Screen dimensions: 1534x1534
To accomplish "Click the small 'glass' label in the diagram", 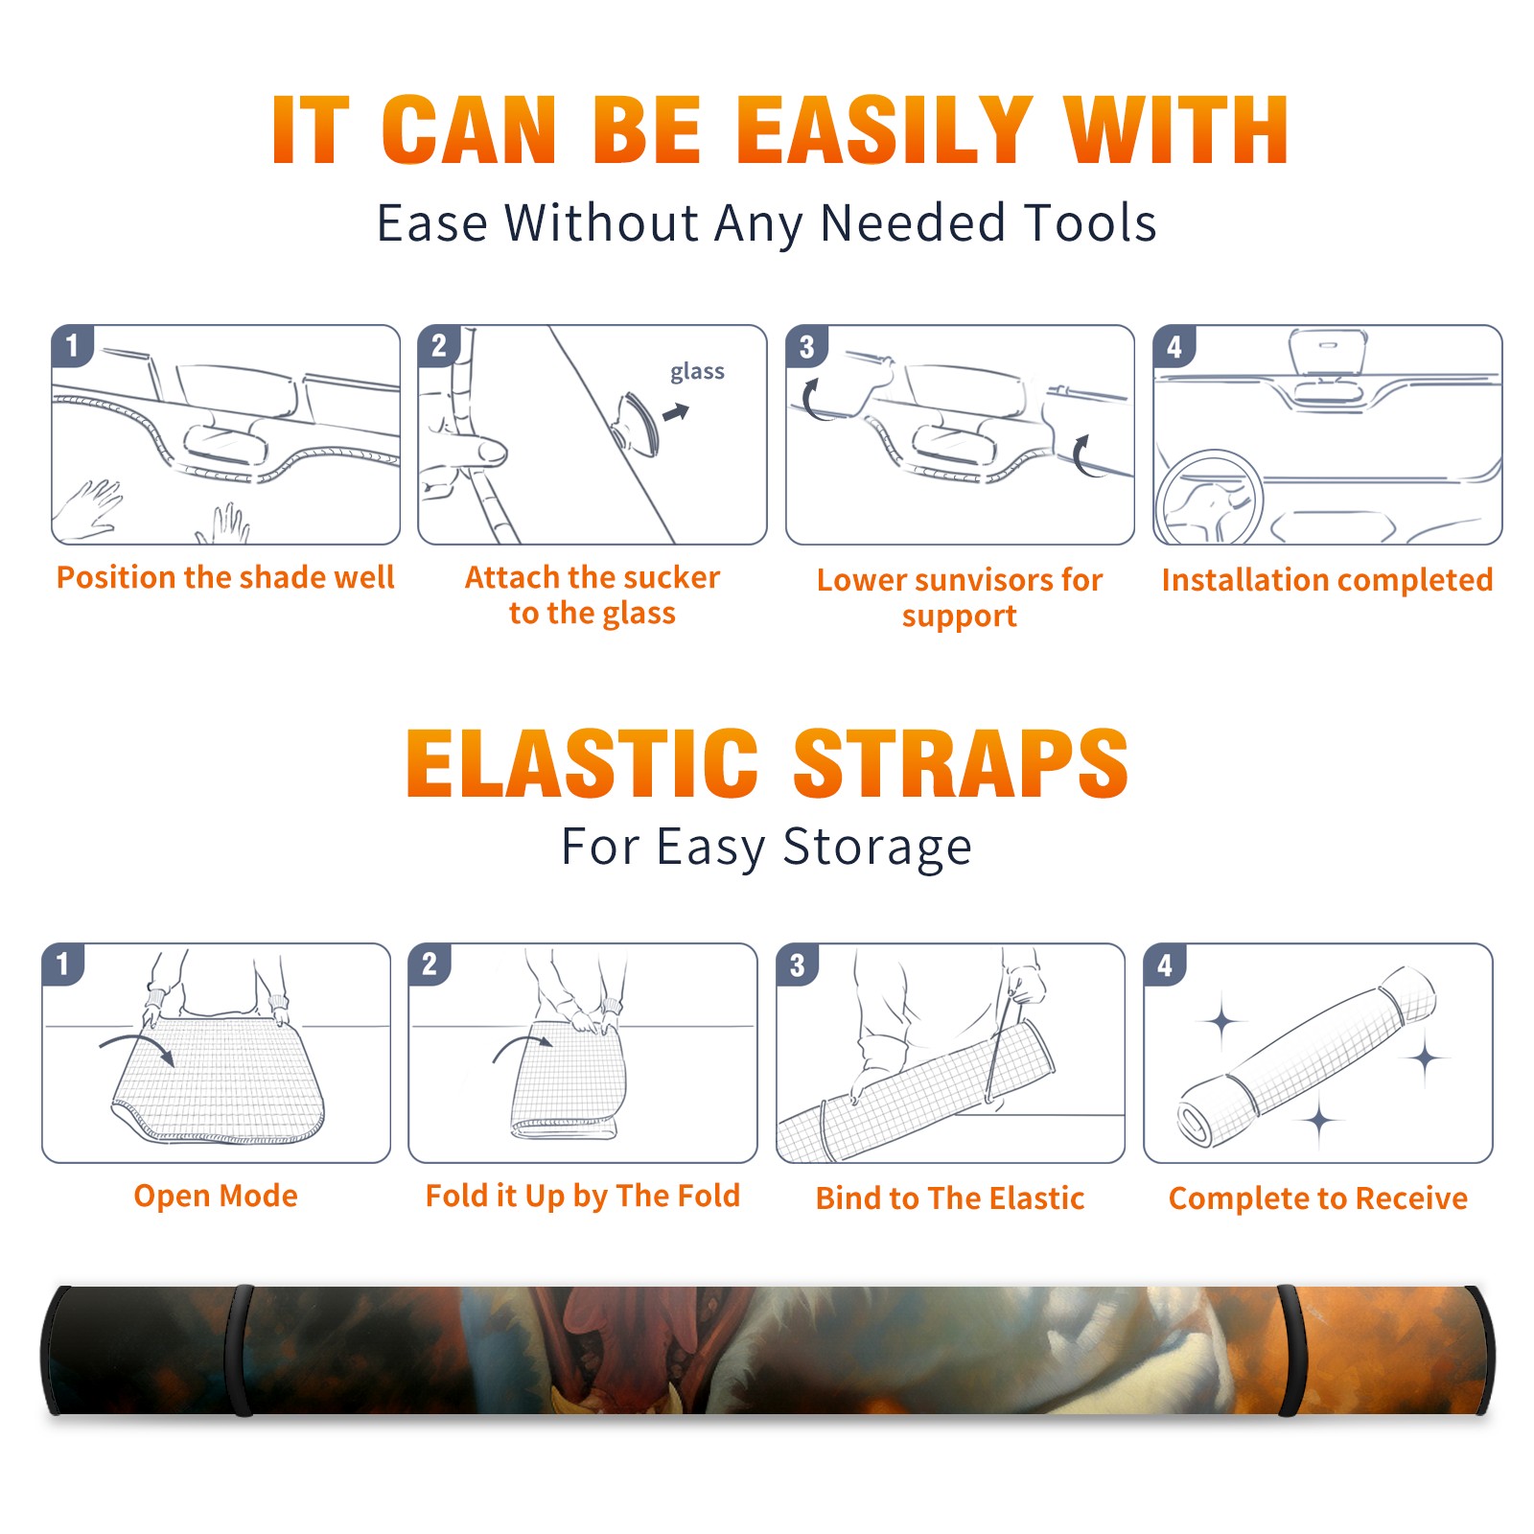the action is click(x=697, y=371).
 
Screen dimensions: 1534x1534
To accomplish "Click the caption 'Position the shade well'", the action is click(x=225, y=577).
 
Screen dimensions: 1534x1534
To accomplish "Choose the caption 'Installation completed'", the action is click(x=1327, y=579).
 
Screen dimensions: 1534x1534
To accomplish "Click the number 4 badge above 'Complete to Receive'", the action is click(x=1165, y=965).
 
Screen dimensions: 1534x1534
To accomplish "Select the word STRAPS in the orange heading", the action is click(x=961, y=763).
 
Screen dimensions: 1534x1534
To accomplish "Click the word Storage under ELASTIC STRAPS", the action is click(x=877, y=848).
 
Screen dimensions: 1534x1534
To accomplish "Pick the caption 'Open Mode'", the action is click(x=216, y=1196).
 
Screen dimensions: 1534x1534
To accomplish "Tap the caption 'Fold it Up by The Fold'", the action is click(x=583, y=1196).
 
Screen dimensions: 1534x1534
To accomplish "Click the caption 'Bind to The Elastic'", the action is click(x=950, y=1197).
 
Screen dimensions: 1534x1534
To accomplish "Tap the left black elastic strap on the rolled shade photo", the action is click(x=240, y=1350).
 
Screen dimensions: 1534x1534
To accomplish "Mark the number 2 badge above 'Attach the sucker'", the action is click(x=439, y=346).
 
